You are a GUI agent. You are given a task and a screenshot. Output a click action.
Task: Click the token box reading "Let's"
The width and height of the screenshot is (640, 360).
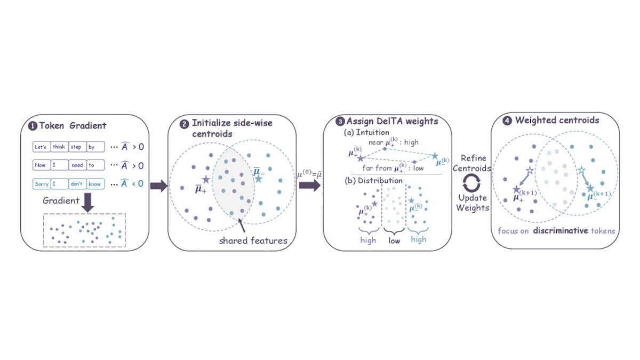(x=42, y=147)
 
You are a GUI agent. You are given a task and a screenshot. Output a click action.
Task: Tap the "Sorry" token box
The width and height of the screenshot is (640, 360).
(x=42, y=184)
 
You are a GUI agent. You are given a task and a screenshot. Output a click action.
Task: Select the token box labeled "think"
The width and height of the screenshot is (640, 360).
(x=59, y=147)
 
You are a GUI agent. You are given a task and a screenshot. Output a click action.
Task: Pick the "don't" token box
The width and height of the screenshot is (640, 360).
(x=77, y=184)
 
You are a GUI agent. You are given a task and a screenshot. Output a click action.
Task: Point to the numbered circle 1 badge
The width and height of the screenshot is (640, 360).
(x=33, y=126)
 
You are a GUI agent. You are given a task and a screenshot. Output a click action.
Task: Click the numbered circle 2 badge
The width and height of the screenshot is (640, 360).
(x=184, y=124)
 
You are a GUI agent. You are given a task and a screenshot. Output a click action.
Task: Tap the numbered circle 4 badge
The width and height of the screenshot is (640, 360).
(x=507, y=121)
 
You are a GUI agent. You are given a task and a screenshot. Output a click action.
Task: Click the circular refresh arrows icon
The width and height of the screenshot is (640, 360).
(x=471, y=183)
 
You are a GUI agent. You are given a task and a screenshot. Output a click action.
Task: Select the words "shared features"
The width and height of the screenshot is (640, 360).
(x=253, y=241)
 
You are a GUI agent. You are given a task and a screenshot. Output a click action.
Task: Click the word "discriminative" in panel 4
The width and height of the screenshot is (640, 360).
(x=561, y=230)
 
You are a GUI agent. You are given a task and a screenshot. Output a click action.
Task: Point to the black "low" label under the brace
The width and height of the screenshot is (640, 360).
(x=394, y=241)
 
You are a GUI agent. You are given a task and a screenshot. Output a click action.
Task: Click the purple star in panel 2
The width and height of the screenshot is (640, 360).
(x=206, y=179)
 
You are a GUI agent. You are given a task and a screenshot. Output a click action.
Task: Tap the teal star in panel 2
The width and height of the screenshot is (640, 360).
(x=259, y=179)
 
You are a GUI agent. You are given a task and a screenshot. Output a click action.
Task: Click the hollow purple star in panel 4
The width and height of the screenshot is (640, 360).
(x=530, y=171)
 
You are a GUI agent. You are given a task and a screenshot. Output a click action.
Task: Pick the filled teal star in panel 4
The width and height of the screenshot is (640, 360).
(x=590, y=188)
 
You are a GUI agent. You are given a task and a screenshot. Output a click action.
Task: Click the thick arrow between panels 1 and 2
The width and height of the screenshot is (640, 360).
(x=159, y=186)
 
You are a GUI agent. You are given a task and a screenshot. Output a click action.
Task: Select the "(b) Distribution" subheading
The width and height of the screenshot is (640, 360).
(x=374, y=181)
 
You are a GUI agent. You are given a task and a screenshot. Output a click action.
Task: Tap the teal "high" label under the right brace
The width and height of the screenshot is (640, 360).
(x=419, y=239)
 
